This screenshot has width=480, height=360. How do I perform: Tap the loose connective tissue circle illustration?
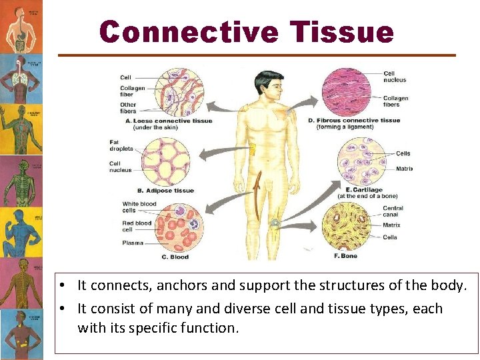pyautogui.click(x=179, y=93)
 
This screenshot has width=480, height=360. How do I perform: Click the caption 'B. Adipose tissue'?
pyautogui.click(x=166, y=191)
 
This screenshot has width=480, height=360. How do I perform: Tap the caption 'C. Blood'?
pyautogui.click(x=175, y=257)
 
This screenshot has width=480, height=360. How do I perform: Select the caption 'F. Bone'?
pyautogui.click(x=345, y=256)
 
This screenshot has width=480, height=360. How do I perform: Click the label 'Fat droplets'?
pyautogui.click(x=121, y=145)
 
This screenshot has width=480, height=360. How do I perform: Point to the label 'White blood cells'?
pyautogui.click(x=139, y=207)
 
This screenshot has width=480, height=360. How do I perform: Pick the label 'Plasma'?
pyautogui.click(x=133, y=243)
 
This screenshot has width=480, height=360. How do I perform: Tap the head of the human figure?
pyautogui.click(x=269, y=85)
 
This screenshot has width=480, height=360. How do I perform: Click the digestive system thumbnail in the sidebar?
pyautogui.click(x=21, y=27)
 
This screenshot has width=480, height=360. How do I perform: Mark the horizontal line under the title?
pyautogui.click(x=257, y=55)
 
